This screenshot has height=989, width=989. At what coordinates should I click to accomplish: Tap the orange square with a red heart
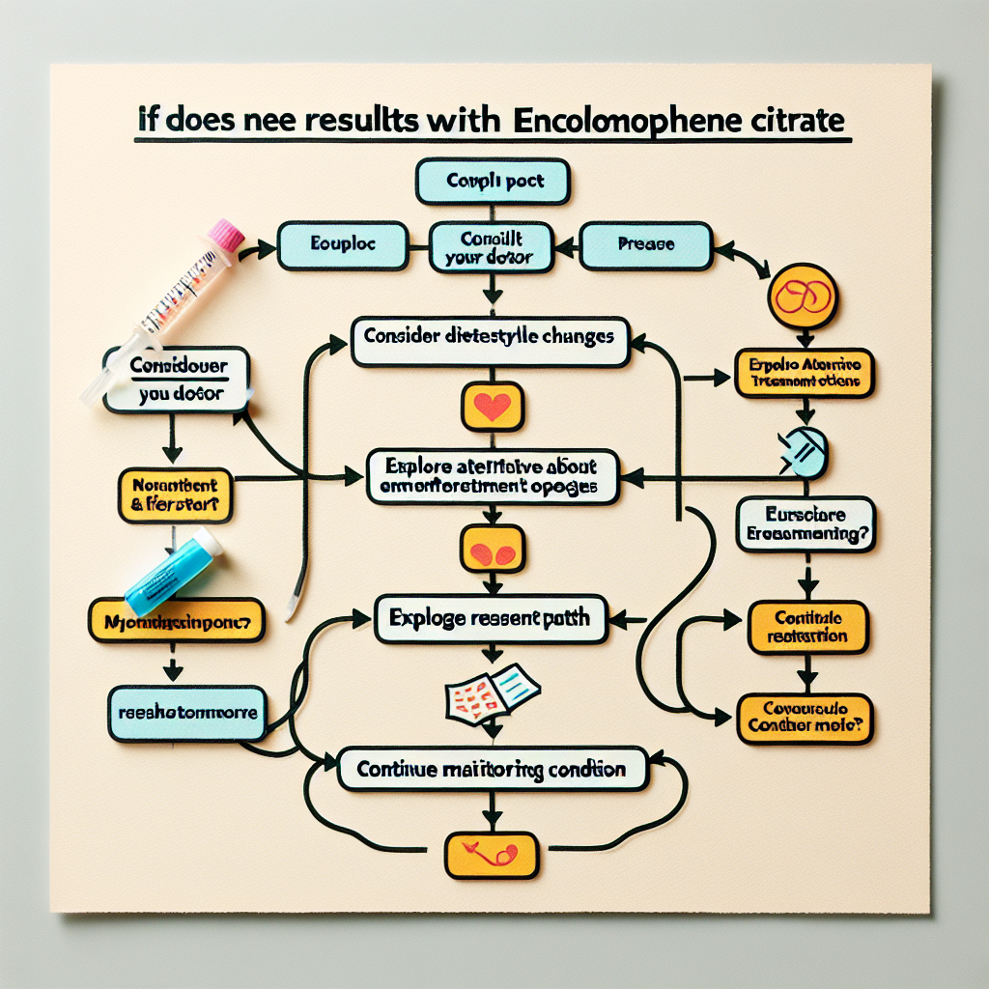(493, 407)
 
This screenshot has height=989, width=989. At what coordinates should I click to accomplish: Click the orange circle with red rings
(802, 296)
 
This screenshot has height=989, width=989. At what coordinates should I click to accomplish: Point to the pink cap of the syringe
(229, 235)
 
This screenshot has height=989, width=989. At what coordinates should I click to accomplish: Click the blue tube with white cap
(174, 573)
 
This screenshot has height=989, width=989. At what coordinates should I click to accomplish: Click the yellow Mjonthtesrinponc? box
(176, 623)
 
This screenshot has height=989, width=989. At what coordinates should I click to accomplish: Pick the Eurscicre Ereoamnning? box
(805, 524)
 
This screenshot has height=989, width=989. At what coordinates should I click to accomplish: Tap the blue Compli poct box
(493, 182)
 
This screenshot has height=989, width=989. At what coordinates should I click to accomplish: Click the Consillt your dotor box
(493, 246)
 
